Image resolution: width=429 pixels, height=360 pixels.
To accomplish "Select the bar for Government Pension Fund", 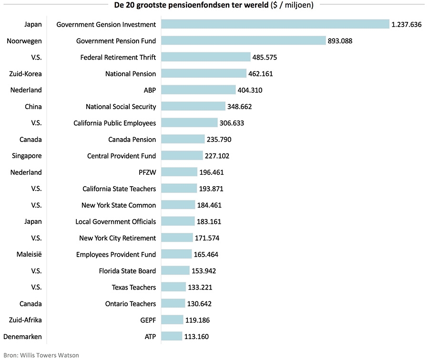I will (243, 41).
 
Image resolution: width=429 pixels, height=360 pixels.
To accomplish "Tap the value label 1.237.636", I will (406, 24).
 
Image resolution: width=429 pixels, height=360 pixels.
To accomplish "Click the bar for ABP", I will (198, 90).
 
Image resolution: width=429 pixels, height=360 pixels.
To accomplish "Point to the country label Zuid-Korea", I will (26, 74).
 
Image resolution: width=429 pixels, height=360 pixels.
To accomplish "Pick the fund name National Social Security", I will (121, 107).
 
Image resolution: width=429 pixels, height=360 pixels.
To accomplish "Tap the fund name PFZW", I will (147, 172).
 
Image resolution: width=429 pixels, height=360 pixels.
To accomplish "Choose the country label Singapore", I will (27, 156).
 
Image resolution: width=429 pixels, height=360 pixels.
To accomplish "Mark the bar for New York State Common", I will (178, 205).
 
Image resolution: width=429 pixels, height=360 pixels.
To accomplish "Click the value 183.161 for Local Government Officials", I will (209, 222).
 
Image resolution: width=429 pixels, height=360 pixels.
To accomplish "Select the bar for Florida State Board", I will (175, 271).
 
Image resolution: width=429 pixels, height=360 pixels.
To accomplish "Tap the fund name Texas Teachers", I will (133, 288).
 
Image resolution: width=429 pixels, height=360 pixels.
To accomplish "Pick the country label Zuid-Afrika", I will (26, 320).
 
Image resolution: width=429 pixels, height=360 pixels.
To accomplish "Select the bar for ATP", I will (172, 337).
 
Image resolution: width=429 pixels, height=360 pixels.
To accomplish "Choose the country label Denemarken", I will (23, 337).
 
